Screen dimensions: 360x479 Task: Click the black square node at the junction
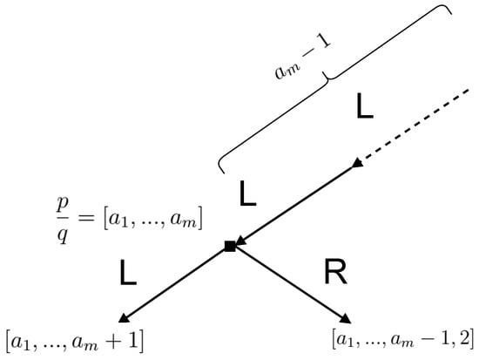click(x=230, y=248)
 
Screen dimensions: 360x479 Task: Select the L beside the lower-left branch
click(x=128, y=276)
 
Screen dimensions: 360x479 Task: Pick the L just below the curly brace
click(x=248, y=194)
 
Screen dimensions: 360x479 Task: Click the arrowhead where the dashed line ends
click(x=356, y=164)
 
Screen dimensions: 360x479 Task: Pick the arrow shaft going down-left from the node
click(x=179, y=282)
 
